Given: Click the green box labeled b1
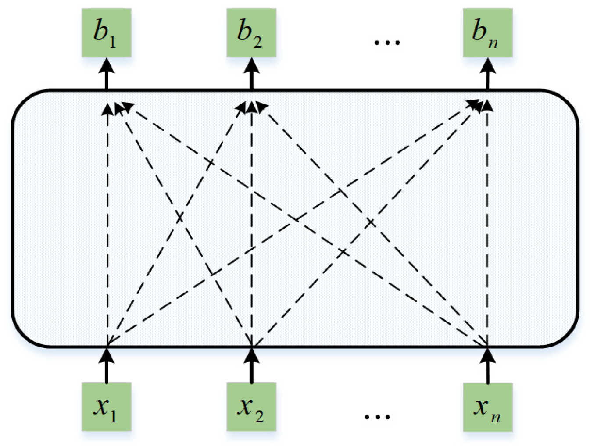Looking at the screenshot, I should click(107, 33).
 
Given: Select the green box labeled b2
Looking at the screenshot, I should click(251, 33).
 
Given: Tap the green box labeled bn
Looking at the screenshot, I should click(488, 33).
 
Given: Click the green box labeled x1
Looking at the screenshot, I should click(107, 407).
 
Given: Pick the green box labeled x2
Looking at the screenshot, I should click(251, 407).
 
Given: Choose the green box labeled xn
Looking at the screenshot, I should click(488, 407).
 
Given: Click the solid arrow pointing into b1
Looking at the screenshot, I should click(107, 75).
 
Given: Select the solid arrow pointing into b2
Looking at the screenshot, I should click(251, 75).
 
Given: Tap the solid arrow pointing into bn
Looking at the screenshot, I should click(488, 75).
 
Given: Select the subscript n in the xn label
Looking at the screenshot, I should click(495, 417).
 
